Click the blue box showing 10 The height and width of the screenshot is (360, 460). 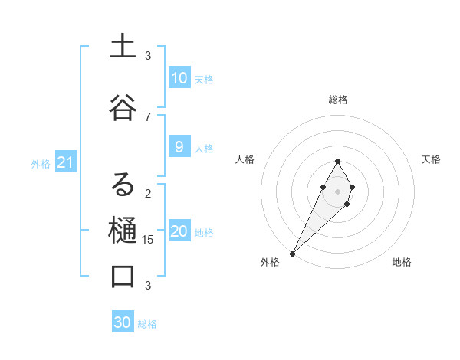click(179, 78)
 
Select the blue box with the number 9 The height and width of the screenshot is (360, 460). click(179, 147)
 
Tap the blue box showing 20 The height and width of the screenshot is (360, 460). click(179, 232)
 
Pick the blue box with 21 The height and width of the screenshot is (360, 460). click(65, 162)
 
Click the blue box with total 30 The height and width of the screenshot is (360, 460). click(123, 322)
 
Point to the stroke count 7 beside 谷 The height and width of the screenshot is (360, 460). click(148, 116)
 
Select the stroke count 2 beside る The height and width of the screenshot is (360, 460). click(148, 193)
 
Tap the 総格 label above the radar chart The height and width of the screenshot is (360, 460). click(338, 100)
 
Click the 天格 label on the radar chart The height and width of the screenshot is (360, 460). click(431, 159)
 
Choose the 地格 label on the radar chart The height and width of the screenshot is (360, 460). click(402, 263)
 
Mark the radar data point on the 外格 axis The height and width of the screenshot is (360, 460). click(292, 253)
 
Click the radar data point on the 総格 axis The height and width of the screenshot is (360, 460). click(337, 161)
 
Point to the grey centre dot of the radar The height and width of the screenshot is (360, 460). click(337, 190)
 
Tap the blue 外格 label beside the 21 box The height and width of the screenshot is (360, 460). click(41, 163)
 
